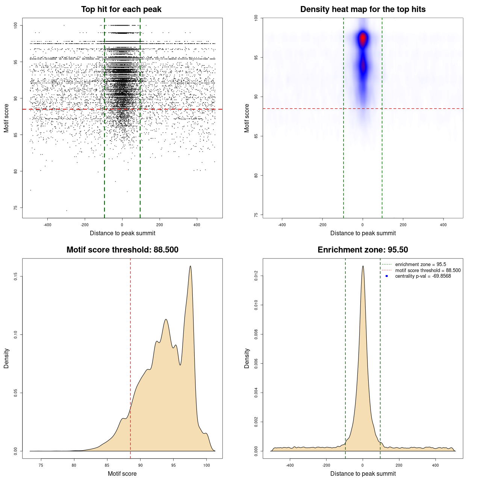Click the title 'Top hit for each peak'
(121, 9)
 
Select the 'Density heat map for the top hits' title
(363, 9)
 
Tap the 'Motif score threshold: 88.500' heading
(122, 250)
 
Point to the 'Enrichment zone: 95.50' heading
(363, 250)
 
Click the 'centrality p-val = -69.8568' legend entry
(423, 276)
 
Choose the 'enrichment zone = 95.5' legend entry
(420, 265)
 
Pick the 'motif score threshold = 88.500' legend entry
(428, 271)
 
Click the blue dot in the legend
(387, 276)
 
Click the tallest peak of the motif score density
(191, 266)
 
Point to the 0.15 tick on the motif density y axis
(15, 277)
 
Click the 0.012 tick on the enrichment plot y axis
(256, 276)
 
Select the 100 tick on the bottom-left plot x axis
(206, 465)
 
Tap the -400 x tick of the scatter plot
(47, 225)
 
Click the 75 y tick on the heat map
(256, 215)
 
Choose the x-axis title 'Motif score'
(122, 473)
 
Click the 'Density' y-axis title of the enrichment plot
(247, 358)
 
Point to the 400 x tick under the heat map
(443, 225)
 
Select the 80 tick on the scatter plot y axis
(15, 171)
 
